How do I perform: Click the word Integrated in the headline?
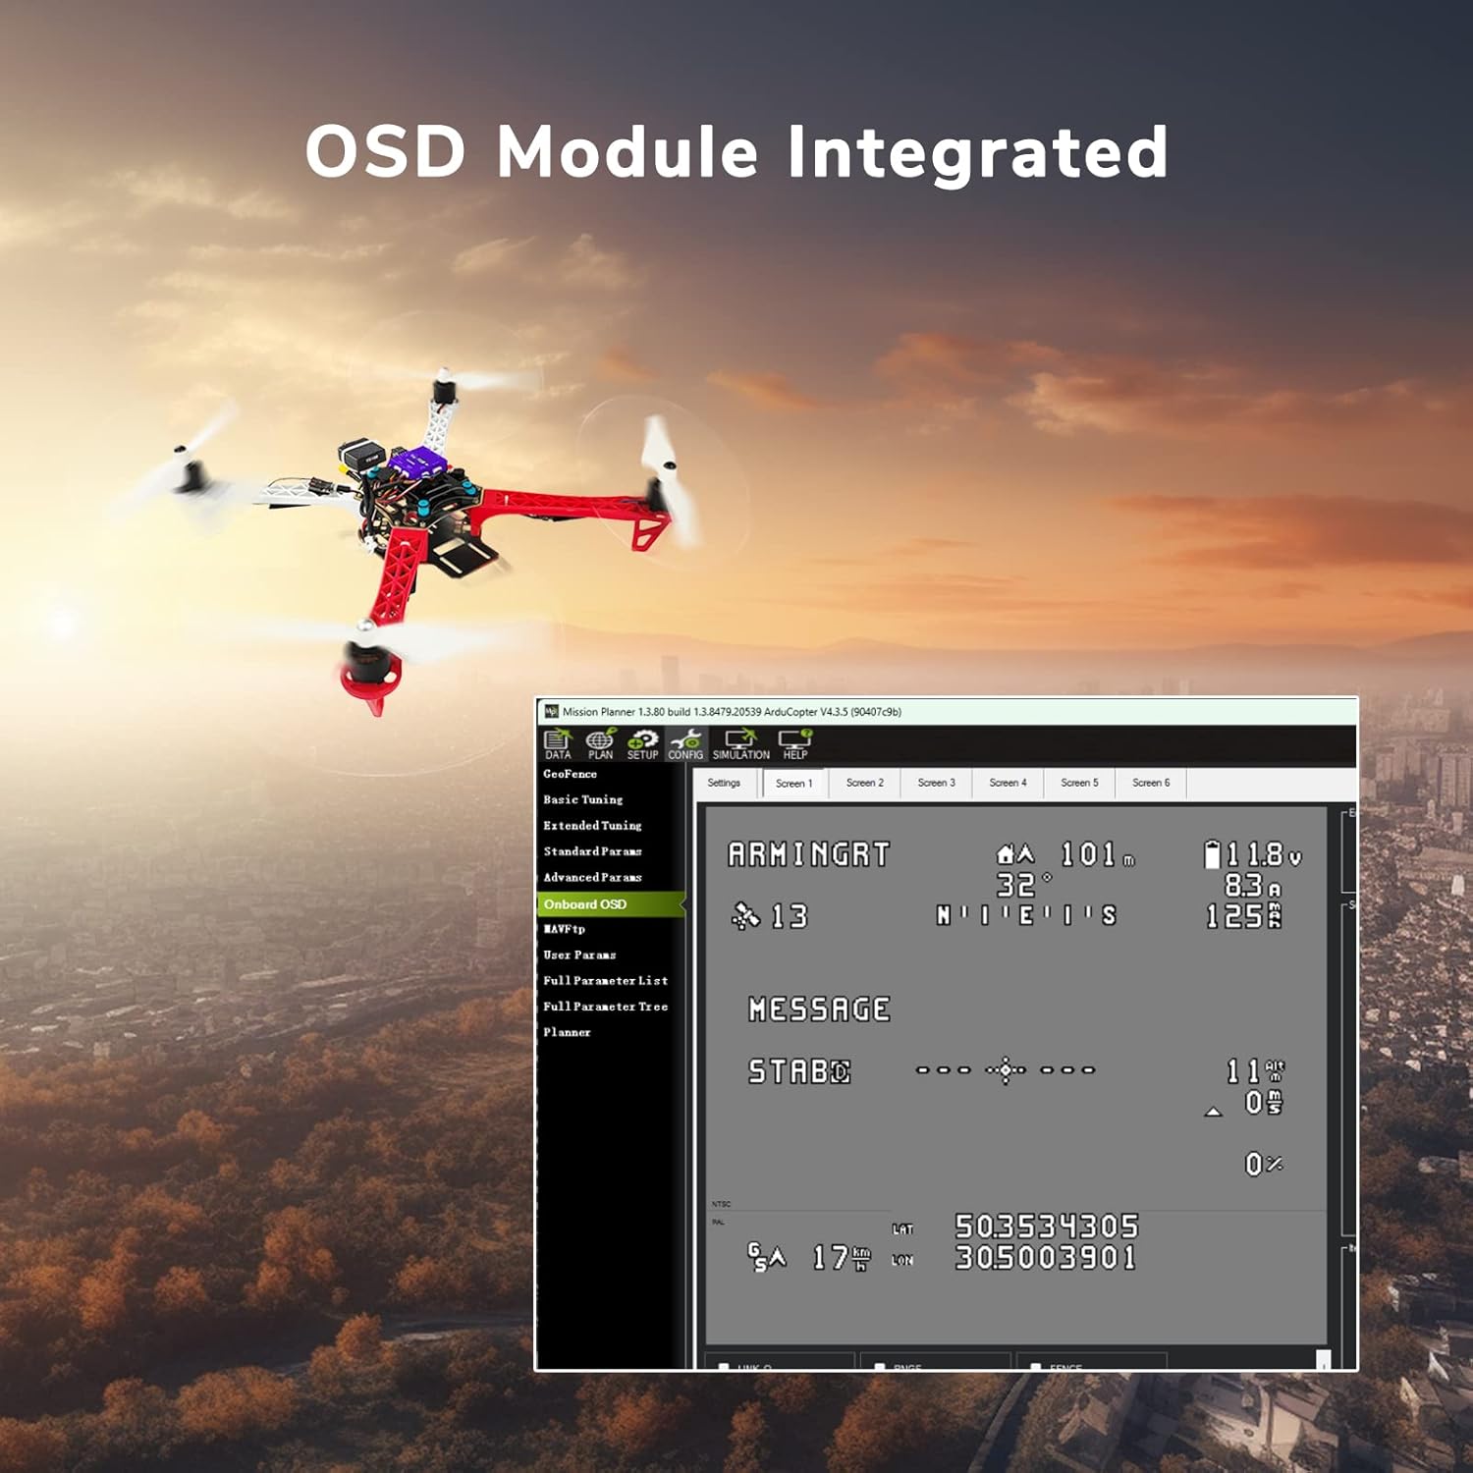coord(977,153)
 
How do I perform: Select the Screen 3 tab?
coord(936,783)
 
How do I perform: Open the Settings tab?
coord(724,783)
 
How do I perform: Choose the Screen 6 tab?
coord(1151,783)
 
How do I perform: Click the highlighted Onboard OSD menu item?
coord(585,904)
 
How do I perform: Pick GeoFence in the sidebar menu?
coord(570,774)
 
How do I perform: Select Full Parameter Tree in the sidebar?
coord(605,1007)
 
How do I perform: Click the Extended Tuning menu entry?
coord(592,826)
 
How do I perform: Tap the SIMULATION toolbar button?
coord(740,744)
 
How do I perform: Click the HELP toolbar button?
coord(794,744)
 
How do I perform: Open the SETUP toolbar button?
coord(642,744)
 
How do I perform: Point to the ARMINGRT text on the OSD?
coord(808,855)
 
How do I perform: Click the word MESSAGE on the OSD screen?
coord(819,1009)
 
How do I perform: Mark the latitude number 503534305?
coord(1046,1227)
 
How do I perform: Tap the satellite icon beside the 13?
coord(745,916)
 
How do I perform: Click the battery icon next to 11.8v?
coord(1213,854)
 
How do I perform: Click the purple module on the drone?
coord(415,459)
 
